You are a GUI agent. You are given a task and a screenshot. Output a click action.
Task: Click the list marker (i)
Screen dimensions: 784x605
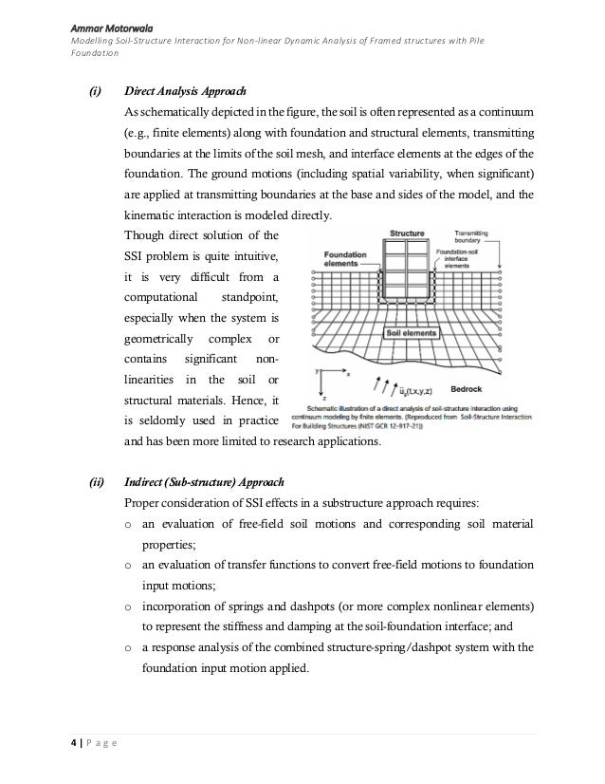coord(96,92)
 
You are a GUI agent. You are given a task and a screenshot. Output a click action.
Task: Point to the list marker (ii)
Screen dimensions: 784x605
coord(97,481)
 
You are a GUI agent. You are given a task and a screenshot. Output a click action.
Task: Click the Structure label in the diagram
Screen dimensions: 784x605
coord(407,233)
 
